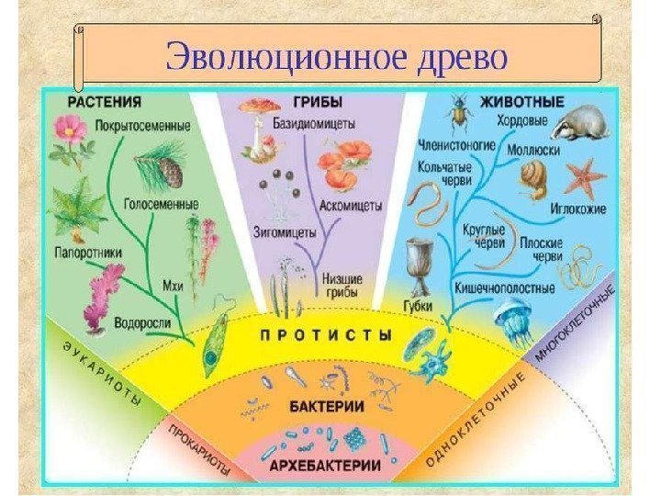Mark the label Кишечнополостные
[x=505, y=287]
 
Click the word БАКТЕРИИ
[x=329, y=404]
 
